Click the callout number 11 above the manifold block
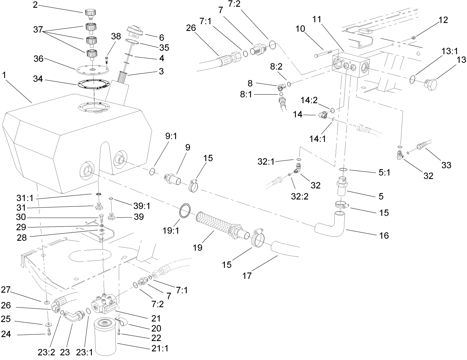(317, 19)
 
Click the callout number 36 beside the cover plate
(38, 59)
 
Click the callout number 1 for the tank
(4, 74)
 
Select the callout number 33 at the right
(446, 165)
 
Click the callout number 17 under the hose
(247, 276)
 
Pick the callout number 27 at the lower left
(6, 289)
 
